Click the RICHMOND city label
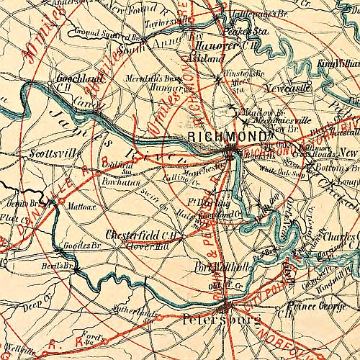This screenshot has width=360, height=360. [227, 135]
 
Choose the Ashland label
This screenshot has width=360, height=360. [201, 55]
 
